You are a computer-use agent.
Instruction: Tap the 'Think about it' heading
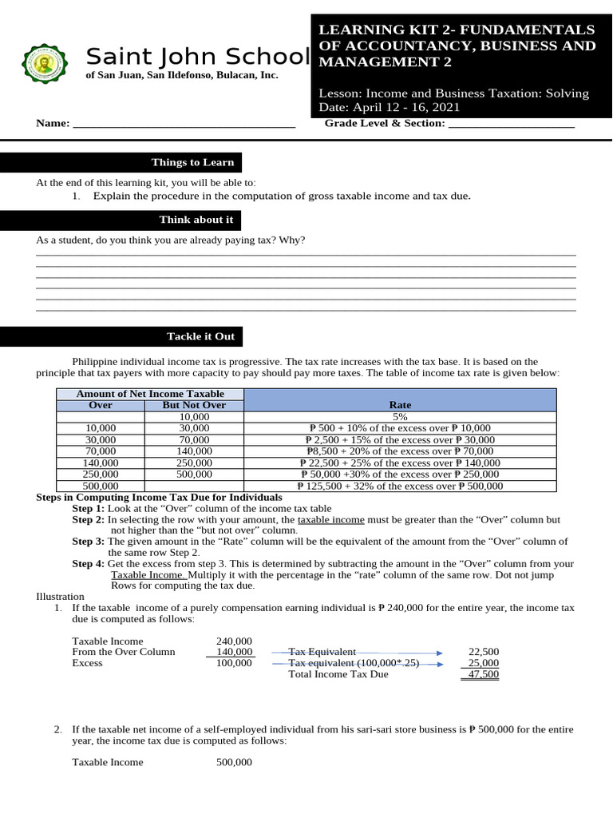coord(196,220)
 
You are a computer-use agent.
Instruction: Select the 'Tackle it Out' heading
coord(200,336)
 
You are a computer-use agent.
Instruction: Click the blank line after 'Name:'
coord(184,124)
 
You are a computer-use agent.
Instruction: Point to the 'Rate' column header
coord(399,405)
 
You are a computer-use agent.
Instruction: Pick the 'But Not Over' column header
coord(194,405)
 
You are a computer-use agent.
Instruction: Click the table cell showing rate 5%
coord(399,417)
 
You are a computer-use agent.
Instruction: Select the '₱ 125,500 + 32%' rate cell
coord(399,486)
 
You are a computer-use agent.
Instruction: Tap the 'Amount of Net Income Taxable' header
coord(150,394)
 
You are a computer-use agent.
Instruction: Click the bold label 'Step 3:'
coord(88,542)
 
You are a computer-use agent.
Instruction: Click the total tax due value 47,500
coord(484,674)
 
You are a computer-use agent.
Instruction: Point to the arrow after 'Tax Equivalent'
coord(399,652)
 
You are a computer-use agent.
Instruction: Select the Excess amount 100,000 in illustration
coord(234,663)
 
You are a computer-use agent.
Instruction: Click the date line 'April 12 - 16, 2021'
coord(390,108)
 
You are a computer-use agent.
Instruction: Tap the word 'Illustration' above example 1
coord(60,597)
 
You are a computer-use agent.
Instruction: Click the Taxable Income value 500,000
coord(234,763)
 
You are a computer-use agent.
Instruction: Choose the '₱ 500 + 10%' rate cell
coord(399,428)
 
